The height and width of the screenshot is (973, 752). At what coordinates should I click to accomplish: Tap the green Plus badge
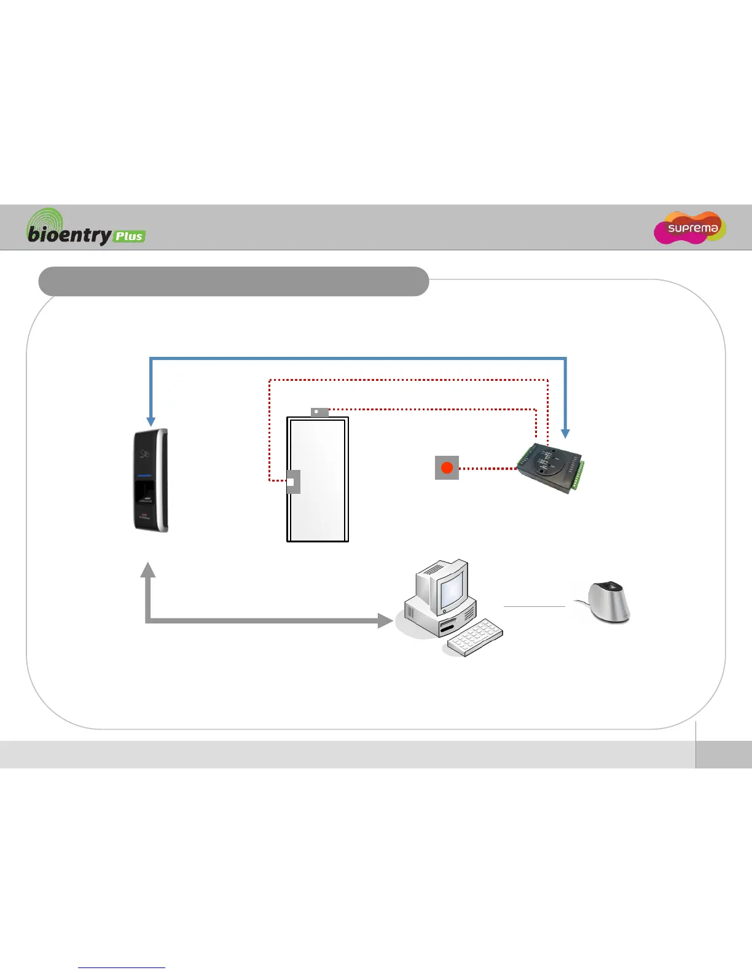pos(129,236)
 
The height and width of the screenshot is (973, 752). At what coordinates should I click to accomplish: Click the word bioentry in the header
pos(69,235)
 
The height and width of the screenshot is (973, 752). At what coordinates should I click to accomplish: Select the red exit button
pos(447,468)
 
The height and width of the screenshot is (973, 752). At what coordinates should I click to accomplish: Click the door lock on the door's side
pos(293,482)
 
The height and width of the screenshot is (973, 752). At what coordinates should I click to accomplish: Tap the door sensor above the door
pos(319,412)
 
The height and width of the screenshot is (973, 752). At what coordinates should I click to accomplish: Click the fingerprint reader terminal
pos(151,480)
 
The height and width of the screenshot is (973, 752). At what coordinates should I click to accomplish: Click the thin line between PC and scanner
pos(534,606)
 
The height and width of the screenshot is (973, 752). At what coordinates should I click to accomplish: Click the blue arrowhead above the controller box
pos(566,433)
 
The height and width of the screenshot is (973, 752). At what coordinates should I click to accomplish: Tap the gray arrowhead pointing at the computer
pos(385,621)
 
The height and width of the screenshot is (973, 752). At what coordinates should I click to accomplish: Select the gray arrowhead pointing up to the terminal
pos(147,569)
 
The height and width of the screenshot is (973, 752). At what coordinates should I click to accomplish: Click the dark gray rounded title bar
pos(233,281)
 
